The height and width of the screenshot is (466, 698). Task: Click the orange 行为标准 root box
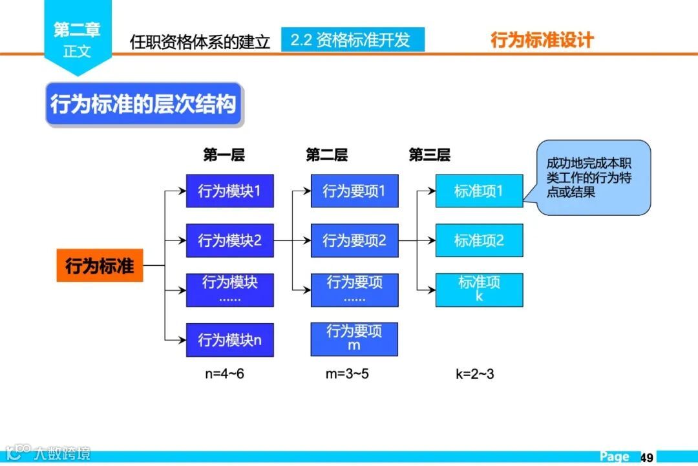100,265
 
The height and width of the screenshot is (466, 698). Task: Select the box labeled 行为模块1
229,191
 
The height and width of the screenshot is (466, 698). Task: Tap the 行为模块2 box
229,240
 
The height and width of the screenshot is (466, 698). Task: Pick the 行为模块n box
229,339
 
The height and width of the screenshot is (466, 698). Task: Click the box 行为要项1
354,191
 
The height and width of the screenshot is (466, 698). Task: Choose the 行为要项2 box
354,240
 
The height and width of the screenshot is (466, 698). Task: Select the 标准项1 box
479,191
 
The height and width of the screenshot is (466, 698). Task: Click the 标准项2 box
479,240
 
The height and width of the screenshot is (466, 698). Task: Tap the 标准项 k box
479,290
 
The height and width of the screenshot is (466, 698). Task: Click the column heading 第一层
224,155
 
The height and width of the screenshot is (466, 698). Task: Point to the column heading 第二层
326,155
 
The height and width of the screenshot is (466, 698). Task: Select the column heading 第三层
429,155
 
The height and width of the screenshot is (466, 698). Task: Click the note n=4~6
224,374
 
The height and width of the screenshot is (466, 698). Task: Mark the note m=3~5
347,374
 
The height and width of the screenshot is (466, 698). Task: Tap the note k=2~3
474,374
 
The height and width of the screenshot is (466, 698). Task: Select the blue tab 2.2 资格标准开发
352,40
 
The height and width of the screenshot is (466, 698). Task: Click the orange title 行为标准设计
542,40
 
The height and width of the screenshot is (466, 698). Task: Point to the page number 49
647,457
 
